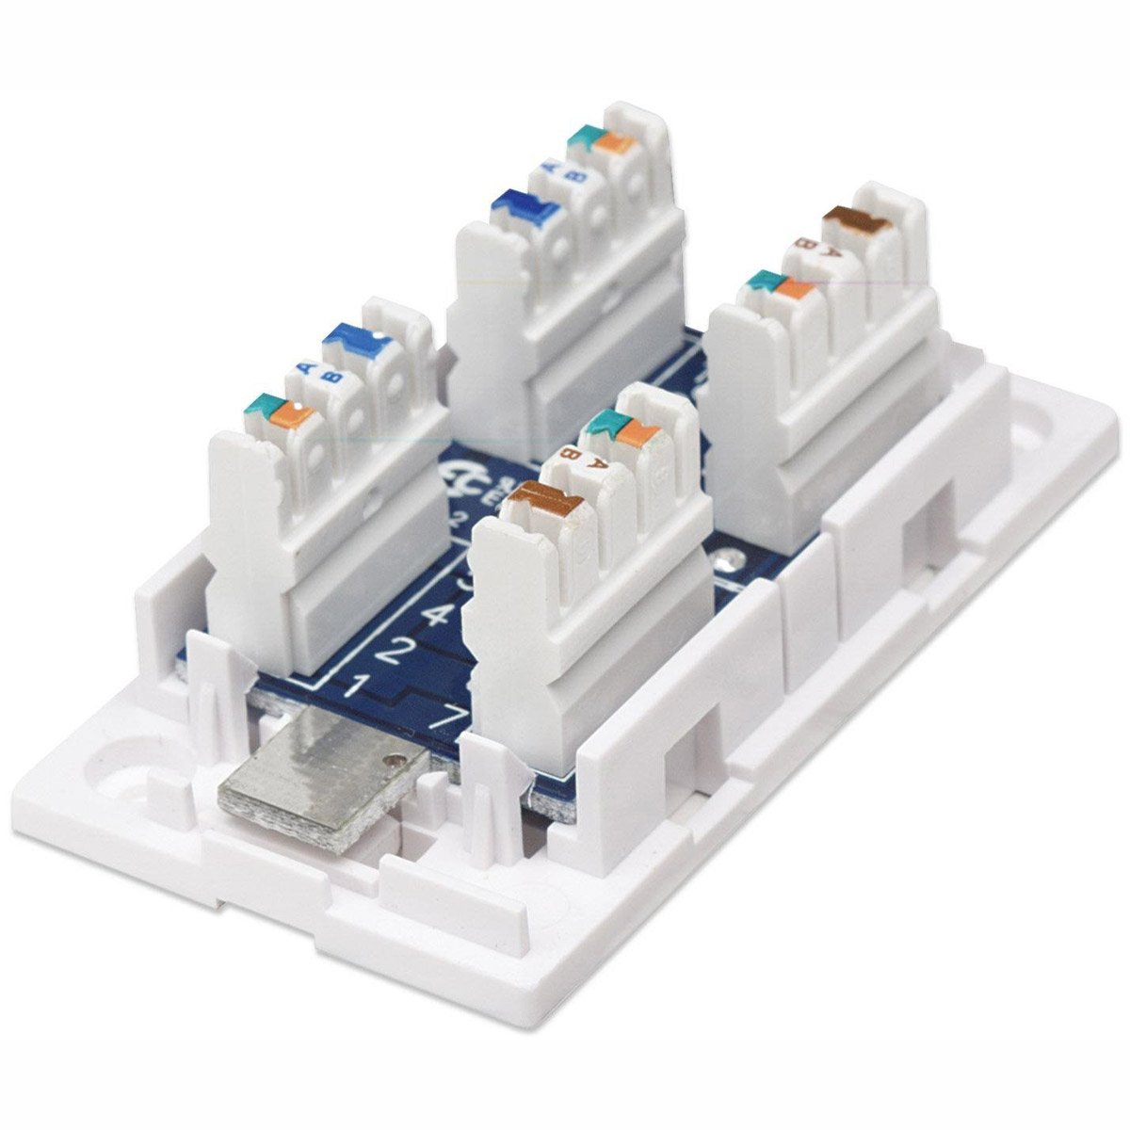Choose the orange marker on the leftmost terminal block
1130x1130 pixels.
[291, 412]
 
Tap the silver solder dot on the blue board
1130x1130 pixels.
[726, 565]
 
